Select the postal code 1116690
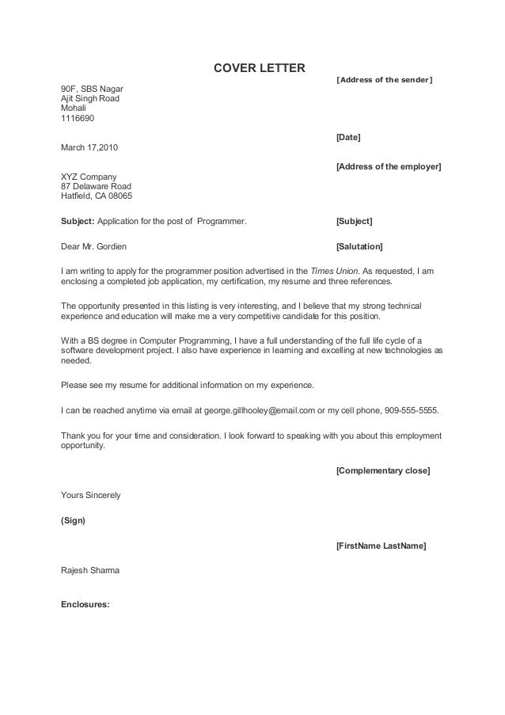(x=78, y=119)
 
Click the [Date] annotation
(x=348, y=138)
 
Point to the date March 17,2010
(x=91, y=148)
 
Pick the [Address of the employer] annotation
(x=389, y=166)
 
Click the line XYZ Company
(x=89, y=177)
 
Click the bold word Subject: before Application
(x=78, y=220)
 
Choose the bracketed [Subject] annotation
(x=354, y=220)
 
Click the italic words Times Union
(x=334, y=271)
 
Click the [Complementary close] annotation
(x=383, y=471)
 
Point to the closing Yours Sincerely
(x=91, y=496)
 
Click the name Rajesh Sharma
(x=91, y=570)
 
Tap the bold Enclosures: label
(x=85, y=608)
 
